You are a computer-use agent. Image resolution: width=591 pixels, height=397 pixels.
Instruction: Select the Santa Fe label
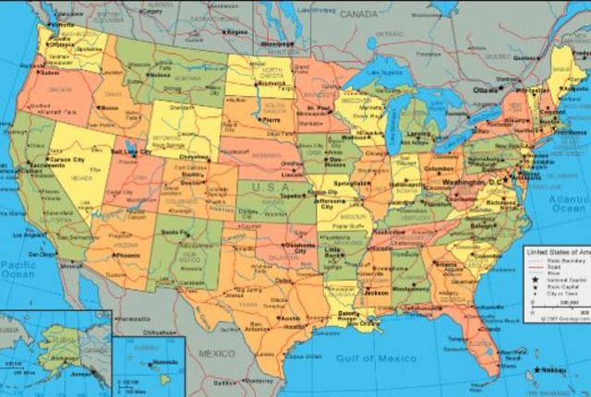(176, 231)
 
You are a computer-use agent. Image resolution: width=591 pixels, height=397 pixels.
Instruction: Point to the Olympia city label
(61, 42)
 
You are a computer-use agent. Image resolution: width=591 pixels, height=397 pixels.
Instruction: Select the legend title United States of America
(557, 251)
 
